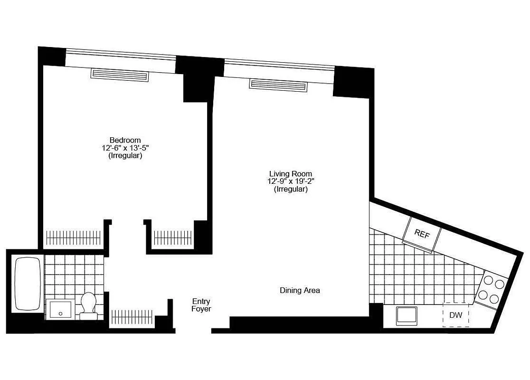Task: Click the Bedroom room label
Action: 125,140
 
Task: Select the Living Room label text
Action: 291,174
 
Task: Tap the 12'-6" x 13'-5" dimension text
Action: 125,148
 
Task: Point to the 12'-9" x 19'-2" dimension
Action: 291,181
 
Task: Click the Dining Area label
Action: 300,290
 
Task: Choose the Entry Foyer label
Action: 201,305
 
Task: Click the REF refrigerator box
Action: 422,234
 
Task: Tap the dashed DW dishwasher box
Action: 456,315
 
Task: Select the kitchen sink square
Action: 407,316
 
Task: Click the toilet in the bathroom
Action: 88,305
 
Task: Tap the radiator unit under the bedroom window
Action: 120,75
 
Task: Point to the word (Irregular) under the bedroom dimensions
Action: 125,155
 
